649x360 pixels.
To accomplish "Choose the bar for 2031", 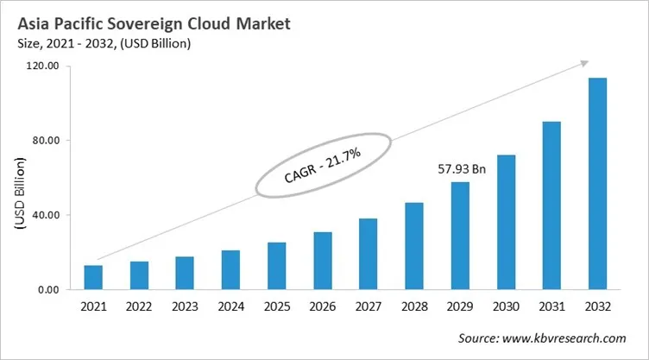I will click(x=551, y=205).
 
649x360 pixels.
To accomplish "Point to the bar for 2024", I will click(x=230, y=270).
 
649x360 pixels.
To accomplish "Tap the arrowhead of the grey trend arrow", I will click(x=583, y=62).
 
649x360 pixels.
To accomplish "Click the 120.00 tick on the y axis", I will click(x=42, y=66).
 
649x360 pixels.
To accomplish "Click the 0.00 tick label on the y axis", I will click(x=47, y=290).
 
